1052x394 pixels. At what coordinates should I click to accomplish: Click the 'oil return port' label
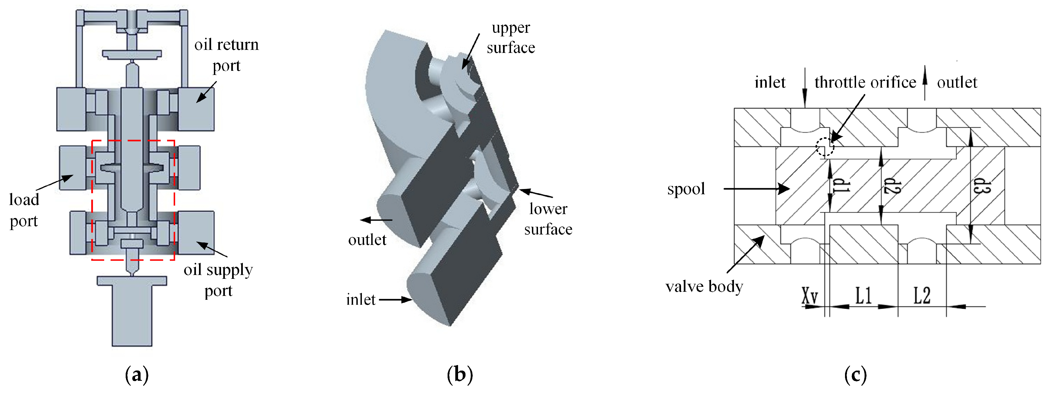point(226,55)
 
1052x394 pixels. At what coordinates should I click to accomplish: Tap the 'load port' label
point(24,210)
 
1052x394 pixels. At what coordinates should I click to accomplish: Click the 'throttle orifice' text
point(865,82)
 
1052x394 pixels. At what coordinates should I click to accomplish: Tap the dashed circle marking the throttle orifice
point(825,147)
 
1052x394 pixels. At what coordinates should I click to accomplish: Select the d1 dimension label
point(841,186)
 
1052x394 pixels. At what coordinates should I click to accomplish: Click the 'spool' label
point(686,189)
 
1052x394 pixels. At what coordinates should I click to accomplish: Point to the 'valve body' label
point(704,287)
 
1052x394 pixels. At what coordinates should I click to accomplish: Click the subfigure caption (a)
point(136,374)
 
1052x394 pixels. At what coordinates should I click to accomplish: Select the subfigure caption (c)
point(855,374)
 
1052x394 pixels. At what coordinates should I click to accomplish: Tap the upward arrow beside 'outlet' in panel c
point(925,84)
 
